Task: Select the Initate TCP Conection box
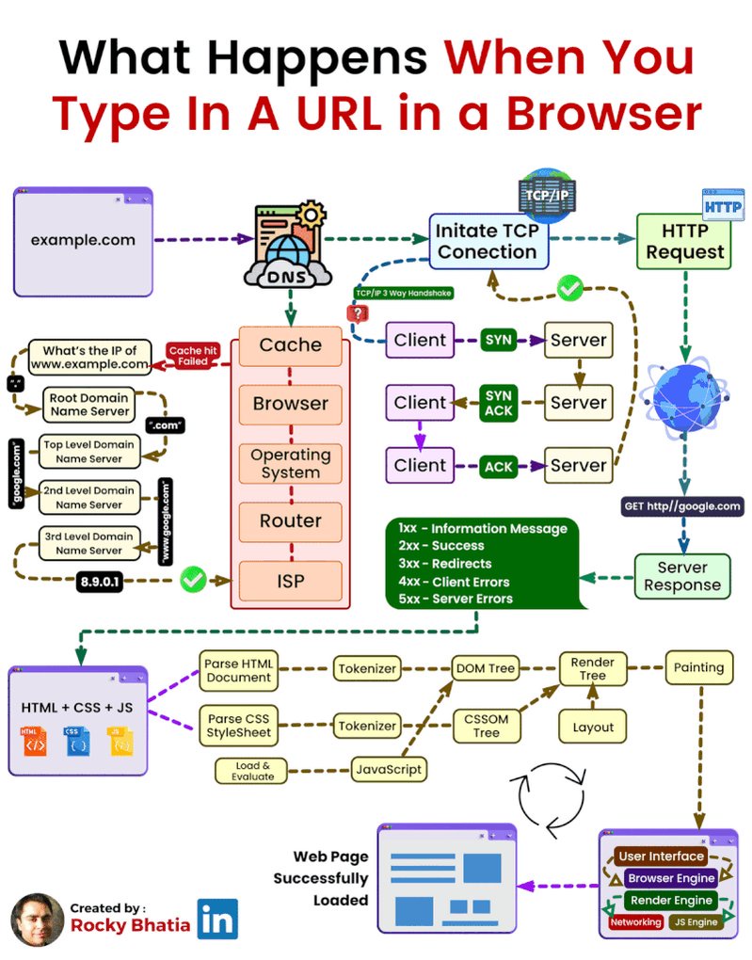pos(487,240)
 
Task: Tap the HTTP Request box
pos(684,242)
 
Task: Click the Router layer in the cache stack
pos(290,520)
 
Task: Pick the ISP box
pos(290,581)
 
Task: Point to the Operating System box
pos(290,463)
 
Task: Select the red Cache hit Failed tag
pos(193,355)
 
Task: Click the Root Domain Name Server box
pos(89,405)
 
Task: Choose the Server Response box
pos(681,576)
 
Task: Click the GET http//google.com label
pos(682,506)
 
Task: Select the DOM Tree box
pos(486,668)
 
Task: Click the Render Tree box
pos(593,668)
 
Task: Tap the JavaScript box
pos(388,769)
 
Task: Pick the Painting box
pos(698,667)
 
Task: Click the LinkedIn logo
pos(217,920)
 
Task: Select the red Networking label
pos(635,922)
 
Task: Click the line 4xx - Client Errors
pos(456,581)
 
